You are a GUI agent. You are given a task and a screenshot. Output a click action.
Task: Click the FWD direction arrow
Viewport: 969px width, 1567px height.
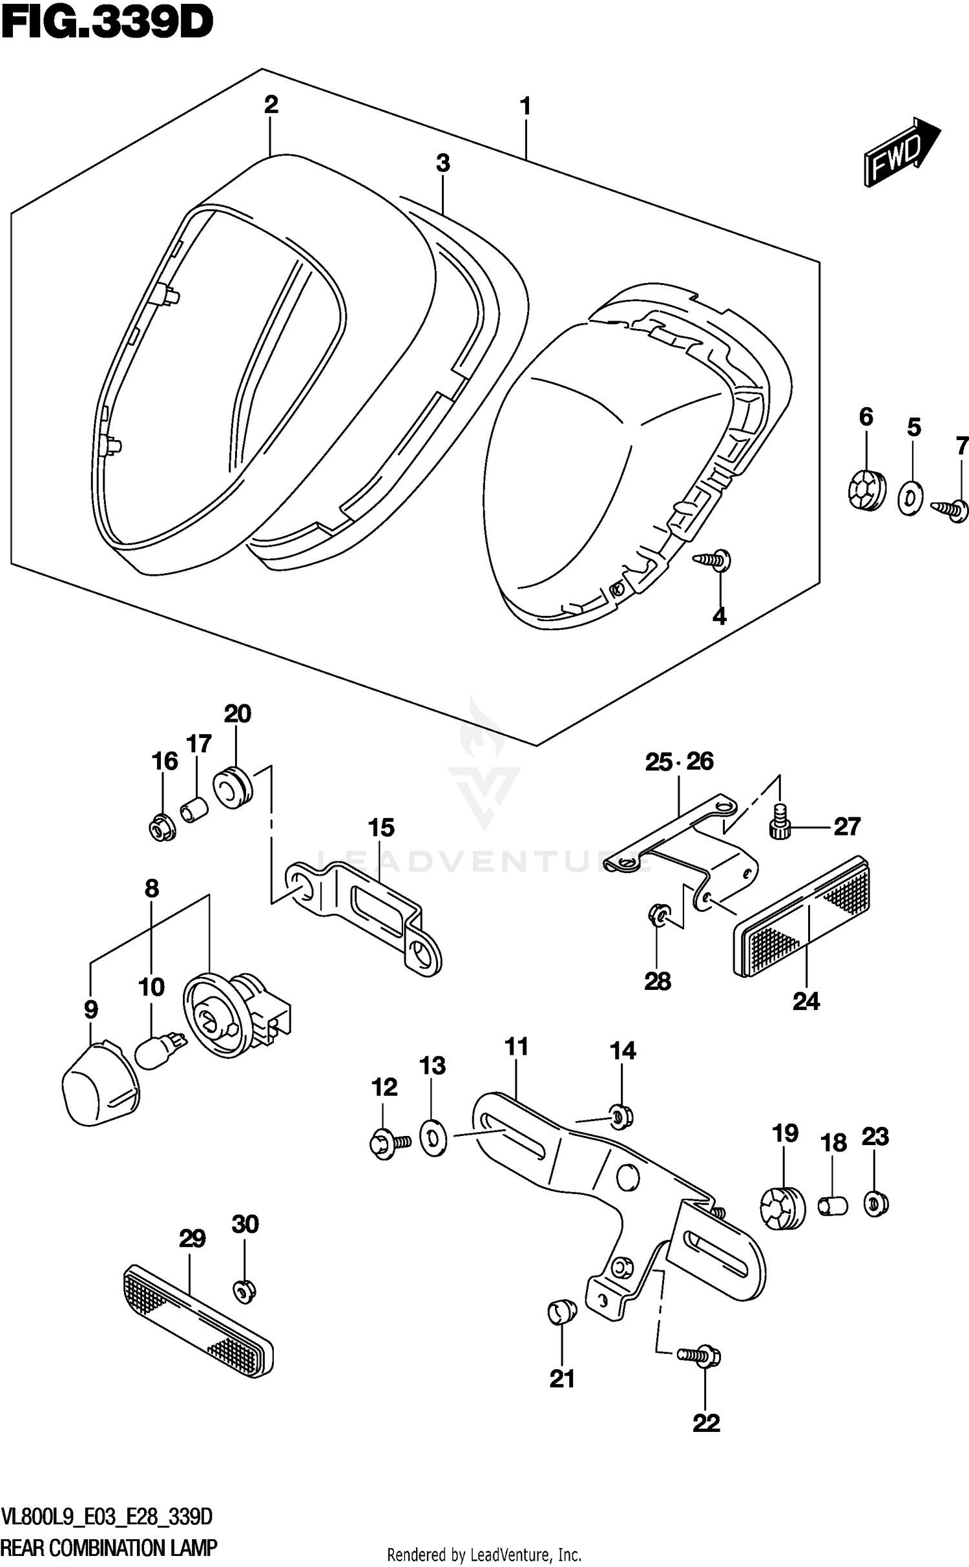pos(901,153)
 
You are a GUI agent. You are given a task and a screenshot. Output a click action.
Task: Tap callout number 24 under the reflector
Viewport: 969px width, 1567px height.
pos(806,1001)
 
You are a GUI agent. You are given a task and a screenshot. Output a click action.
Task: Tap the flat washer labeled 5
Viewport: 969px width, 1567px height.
pos(910,498)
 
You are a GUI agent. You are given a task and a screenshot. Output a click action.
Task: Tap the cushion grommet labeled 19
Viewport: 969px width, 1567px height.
pos(782,1207)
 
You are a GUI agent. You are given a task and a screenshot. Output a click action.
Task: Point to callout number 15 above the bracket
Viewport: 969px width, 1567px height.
pos(381,827)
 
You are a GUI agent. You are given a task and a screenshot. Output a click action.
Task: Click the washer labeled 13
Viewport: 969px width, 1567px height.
pos(433,1139)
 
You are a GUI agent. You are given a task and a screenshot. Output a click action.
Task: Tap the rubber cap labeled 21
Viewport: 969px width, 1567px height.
pos(561,1312)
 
